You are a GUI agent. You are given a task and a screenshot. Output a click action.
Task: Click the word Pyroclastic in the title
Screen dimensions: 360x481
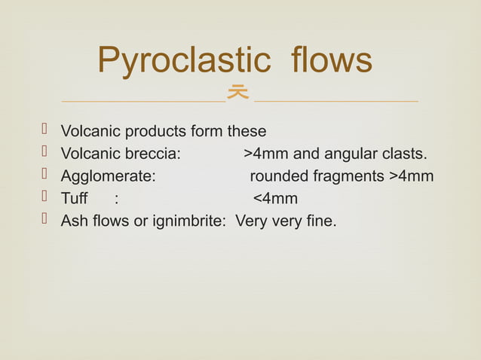pyautogui.click(x=186, y=61)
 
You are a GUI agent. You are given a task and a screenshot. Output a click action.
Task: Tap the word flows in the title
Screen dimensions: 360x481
pyautogui.click(x=332, y=61)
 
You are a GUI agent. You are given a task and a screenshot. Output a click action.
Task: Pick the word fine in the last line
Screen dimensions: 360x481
pyautogui.click(x=321, y=221)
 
